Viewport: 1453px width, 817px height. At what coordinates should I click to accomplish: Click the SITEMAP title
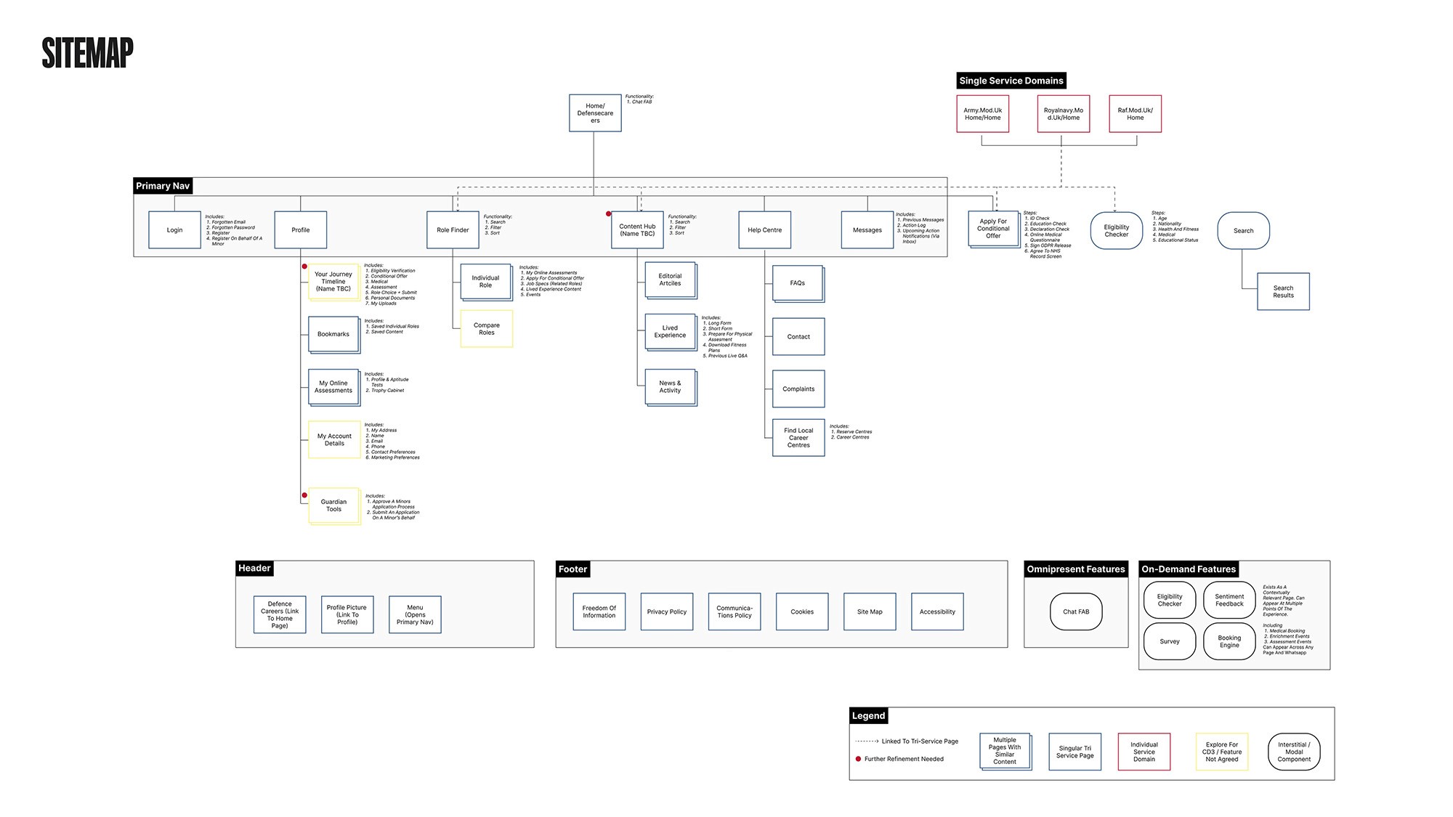pyautogui.click(x=87, y=53)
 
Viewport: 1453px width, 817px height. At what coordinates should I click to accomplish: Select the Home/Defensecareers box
pyautogui.click(x=595, y=113)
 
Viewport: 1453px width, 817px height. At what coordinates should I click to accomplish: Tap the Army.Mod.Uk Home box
pyautogui.click(x=982, y=114)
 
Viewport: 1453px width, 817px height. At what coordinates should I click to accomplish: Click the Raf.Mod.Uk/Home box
pyautogui.click(x=1135, y=114)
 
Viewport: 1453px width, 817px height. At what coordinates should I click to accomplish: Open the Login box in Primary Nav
pyautogui.click(x=174, y=230)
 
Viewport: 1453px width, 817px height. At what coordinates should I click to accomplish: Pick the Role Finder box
pyautogui.click(x=453, y=230)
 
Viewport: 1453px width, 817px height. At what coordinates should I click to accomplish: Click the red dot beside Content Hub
pyautogui.click(x=609, y=214)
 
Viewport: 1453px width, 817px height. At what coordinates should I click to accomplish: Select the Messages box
pyautogui.click(x=867, y=230)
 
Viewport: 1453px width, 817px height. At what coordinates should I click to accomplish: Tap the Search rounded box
pyautogui.click(x=1243, y=231)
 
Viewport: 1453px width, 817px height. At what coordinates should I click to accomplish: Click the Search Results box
pyautogui.click(x=1283, y=292)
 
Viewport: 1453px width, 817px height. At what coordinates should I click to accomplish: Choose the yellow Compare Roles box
pyautogui.click(x=487, y=329)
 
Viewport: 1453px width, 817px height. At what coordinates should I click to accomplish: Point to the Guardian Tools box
pyautogui.click(x=333, y=505)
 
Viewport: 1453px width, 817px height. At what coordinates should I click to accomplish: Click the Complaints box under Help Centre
pyautogui.click(x=798, y=389)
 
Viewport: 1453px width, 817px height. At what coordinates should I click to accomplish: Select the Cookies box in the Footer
pyautogui.click(x=802, y=612)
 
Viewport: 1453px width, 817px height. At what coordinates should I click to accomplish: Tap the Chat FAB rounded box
pyautogui.click(x=1075, y=612)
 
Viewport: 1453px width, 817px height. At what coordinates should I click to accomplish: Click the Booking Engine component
pyautogui.click(x=1229, y=641)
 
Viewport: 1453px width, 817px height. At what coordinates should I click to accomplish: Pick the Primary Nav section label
pyautogui.click(x=163, y=186)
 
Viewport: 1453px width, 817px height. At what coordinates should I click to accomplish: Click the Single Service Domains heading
pyautogui.click(x=1011, y=81)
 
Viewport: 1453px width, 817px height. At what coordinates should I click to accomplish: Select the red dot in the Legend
pyautogui.click(x=858, y=759)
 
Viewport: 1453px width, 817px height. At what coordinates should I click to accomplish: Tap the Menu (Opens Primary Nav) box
pyautogui.click(x=415, y=615)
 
